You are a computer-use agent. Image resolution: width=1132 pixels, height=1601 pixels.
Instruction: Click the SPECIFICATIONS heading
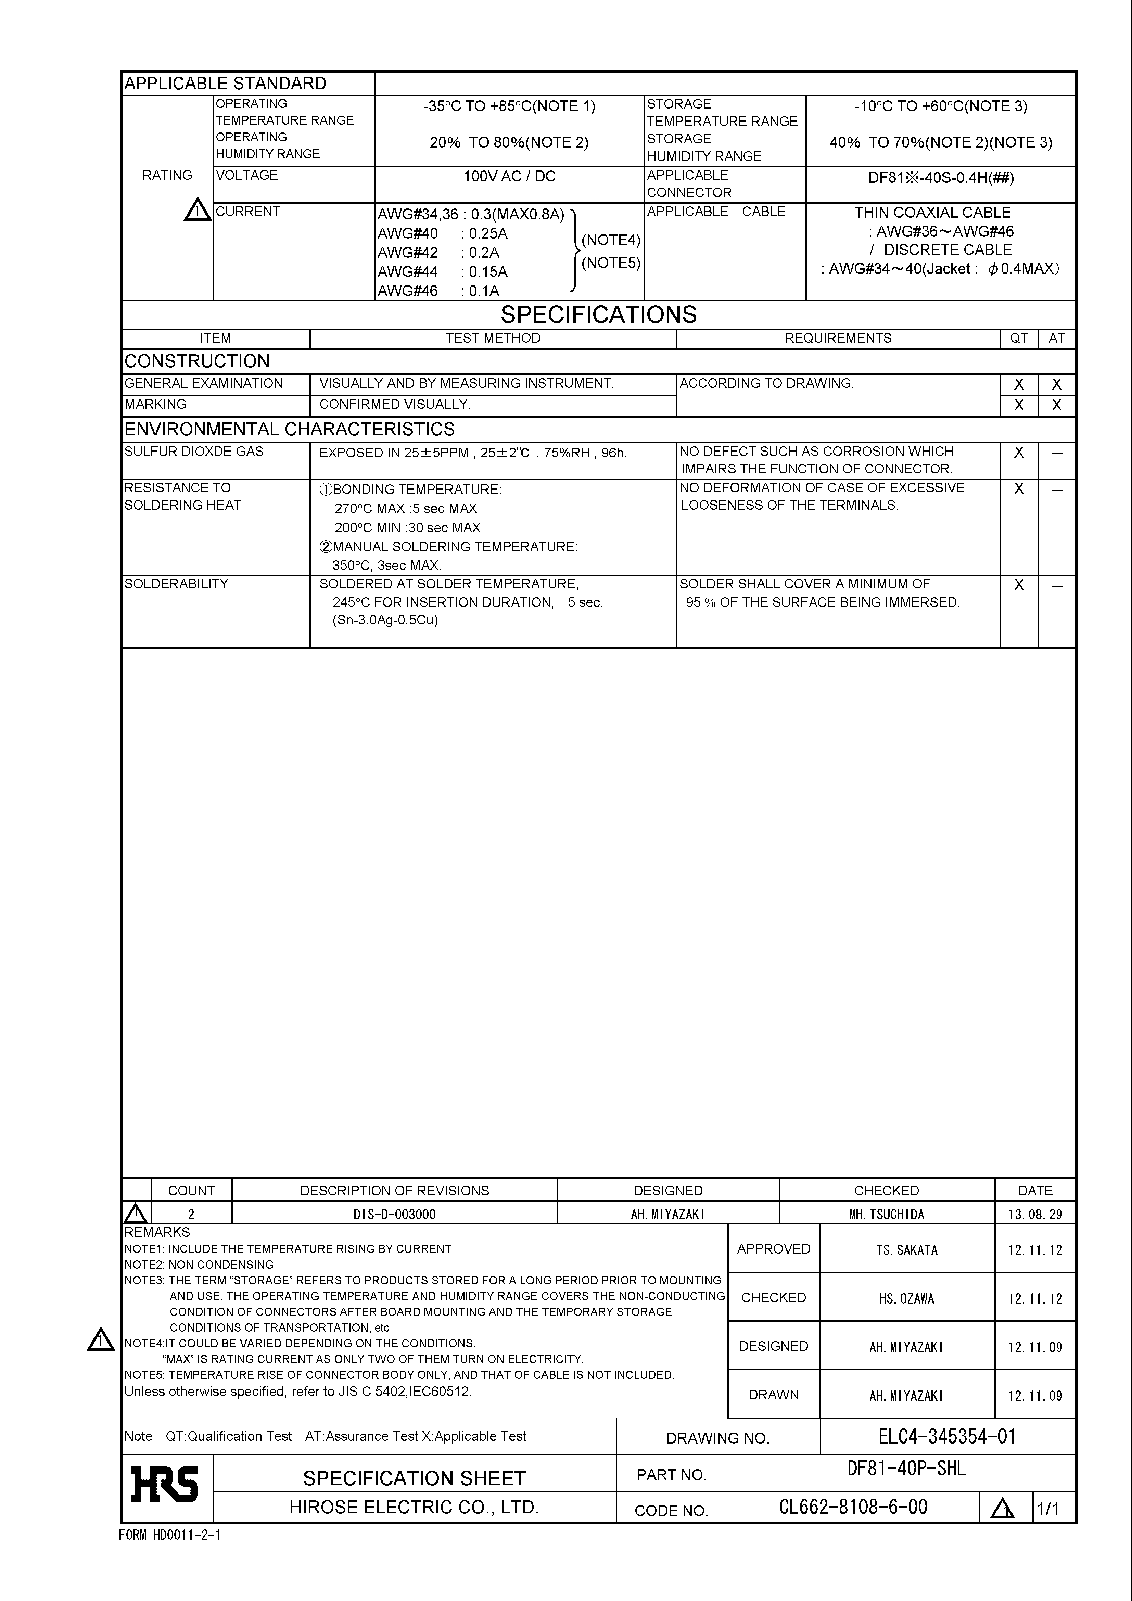click(x=598, y=315)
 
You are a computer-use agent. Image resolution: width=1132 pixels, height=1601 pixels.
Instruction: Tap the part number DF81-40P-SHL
click(x=906, y=1469)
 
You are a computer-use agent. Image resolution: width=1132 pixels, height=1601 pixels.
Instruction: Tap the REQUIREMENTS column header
click(x=838, y=338)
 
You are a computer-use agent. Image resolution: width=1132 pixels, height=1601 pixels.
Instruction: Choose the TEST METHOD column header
click(x=493, y=338)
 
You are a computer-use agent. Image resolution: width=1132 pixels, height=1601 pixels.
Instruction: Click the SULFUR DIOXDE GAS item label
click(x=194, y=451)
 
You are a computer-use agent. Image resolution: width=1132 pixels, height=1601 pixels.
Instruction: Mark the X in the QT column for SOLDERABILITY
click(x=1018, y=585)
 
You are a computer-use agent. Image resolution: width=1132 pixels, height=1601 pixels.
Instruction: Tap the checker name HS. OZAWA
click(x=907, y=1298)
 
